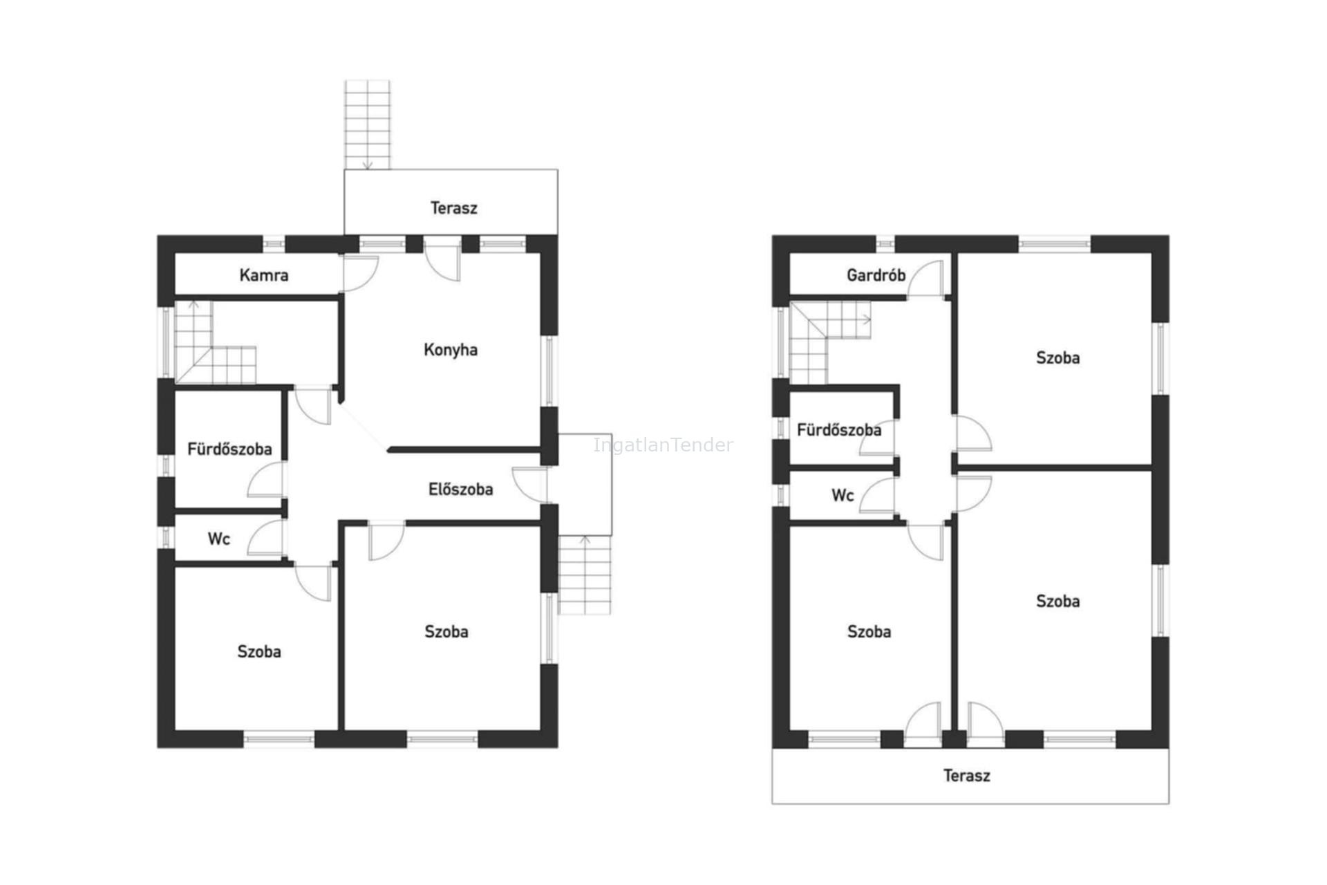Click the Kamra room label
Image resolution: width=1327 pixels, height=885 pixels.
tap(263, 275)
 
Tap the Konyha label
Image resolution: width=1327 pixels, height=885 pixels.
tap(451, 350)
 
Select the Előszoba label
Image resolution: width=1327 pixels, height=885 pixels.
tap(460, 490)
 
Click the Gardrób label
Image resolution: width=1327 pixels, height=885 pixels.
tap(876, 275)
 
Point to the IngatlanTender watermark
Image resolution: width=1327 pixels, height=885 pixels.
tap(663, 445)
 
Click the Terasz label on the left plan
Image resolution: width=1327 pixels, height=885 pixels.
tap(453, 208)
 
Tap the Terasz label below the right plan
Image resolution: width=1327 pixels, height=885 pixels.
tap(966, 776)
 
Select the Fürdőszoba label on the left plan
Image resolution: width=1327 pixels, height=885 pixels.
tap(229, 449)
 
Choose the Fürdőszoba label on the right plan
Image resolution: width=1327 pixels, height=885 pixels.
tap(839, 430)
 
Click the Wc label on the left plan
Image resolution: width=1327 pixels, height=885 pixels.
tap(218, 539)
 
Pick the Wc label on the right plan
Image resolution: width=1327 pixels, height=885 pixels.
tap(843, 495)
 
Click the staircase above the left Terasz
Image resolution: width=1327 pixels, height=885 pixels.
tap(368, 124)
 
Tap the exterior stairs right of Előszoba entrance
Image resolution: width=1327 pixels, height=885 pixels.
tap(585, 575)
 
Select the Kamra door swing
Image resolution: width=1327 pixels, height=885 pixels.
tap(360, 274)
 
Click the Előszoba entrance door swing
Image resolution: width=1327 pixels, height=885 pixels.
tap(530, 485)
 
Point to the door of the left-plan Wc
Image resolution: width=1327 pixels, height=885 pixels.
tap(265, 538)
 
